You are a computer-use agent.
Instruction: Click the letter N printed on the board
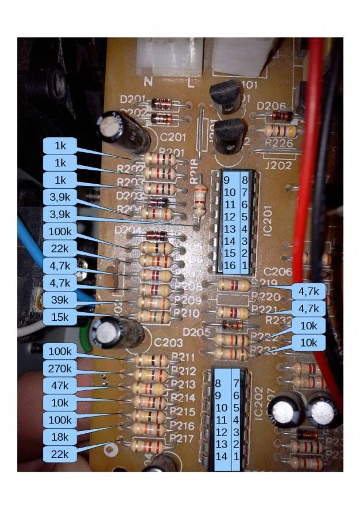point(148,81)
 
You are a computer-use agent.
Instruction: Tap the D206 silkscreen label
point(268,106)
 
